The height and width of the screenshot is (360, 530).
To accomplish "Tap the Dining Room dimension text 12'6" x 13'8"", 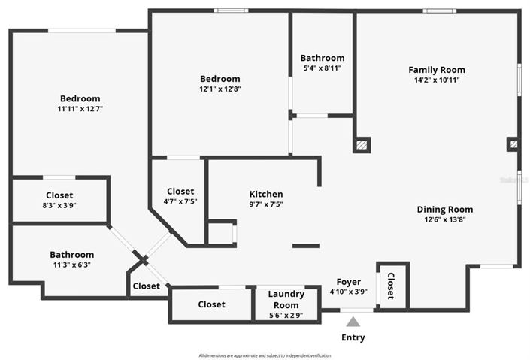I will tap(445, 220).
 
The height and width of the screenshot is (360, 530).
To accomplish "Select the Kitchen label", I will tap(266, 194).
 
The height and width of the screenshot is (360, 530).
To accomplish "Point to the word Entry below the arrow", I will tap(353, 337).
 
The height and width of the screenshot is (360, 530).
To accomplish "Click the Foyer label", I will tap(348, 282).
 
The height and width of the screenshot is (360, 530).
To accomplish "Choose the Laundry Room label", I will tap(286, 299).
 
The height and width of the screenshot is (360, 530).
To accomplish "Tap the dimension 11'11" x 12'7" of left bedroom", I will tap(80, 109).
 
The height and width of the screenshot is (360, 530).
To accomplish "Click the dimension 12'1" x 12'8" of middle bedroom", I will tap(220, 89).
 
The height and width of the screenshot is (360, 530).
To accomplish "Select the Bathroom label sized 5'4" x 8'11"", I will tap(322, 58).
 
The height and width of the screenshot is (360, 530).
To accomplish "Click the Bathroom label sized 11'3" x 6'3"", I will tap(72, 255).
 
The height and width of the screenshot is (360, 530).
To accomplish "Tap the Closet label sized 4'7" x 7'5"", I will tap(180, 192).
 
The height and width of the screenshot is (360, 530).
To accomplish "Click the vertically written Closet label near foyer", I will tap(390, 286).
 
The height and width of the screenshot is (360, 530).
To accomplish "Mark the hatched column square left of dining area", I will tap(362, 145).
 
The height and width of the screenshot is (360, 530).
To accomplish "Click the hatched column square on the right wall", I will tap(513, 143).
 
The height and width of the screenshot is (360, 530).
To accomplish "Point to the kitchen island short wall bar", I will tap(305, 246).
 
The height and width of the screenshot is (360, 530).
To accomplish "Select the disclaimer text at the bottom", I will tap(265, 355).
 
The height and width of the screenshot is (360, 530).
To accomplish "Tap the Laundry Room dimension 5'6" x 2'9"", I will tap(286, 316).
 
